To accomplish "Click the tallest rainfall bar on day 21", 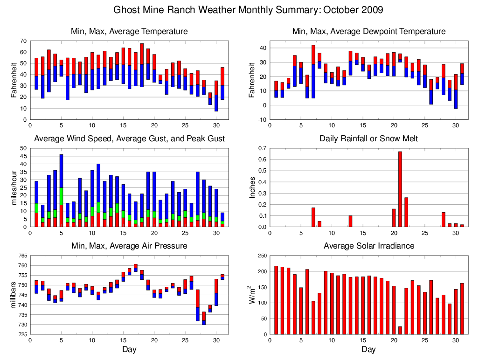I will (x=400, y=189).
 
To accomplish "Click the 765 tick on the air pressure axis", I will (x=22, y=256).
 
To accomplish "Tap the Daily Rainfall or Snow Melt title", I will (x=368, y=138).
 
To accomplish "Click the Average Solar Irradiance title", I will (x=368, y=246).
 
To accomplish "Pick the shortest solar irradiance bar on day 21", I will (x=400, y=330).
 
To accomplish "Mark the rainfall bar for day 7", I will (x=313, y=217).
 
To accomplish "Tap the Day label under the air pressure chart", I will (x=129, y=349).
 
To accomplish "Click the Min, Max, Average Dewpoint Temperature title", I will (x=368, y=31).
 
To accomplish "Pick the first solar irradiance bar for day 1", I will (x=276, y=300).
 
